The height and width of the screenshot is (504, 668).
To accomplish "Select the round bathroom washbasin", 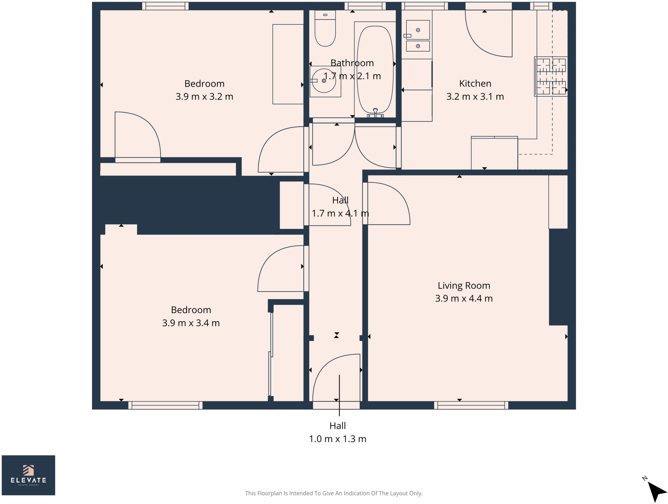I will point(324,81).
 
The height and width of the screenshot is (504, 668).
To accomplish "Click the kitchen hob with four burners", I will point(551,77).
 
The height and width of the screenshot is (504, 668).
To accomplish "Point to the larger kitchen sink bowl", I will point(418,30).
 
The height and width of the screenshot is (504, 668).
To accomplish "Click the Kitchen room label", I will point(475,84).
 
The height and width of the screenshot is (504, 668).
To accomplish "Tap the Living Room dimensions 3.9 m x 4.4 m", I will point(463,298).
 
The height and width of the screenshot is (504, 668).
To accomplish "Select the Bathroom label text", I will point(352,63).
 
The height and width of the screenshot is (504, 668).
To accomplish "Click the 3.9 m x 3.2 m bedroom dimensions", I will point(204,97).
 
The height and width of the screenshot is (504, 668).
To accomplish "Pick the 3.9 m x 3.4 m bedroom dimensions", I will point(191,323).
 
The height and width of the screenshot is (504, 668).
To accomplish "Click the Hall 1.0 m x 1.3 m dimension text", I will point(338,439).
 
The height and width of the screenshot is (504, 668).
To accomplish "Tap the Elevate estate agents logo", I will point(28,475).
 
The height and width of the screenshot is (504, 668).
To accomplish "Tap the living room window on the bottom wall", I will point(471,405).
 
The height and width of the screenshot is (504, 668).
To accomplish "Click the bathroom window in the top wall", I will point(365,6).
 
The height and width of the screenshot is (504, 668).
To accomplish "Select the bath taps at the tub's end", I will point(375,113).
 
